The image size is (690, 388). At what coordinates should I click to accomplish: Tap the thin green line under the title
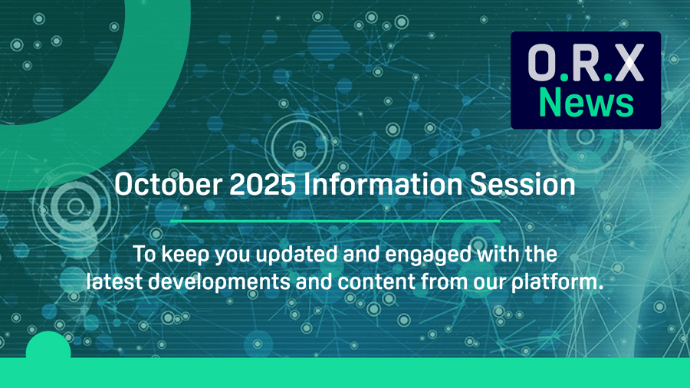click(x=334, y=221)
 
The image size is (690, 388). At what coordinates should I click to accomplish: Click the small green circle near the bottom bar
click(x=48, y=349)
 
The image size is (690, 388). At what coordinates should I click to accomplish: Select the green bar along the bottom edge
click(x=345, y=373)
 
